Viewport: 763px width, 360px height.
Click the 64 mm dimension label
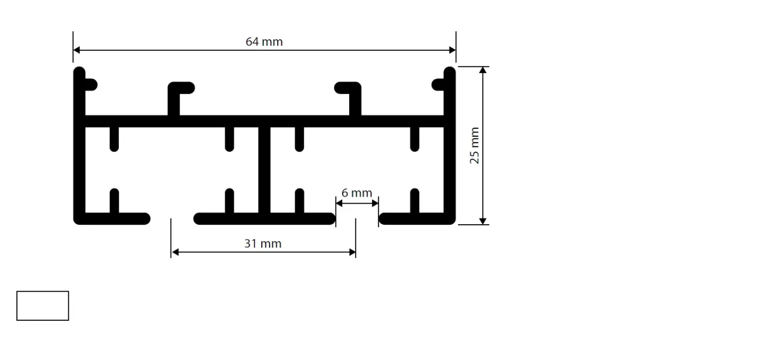(264, 41)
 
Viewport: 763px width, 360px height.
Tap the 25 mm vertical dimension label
(474, 146)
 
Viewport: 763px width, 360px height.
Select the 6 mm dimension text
(357, 193)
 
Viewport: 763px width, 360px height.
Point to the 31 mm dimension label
(263, 243)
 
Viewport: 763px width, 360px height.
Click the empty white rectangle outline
(42, 291)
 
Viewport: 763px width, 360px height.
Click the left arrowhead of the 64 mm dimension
(77, 50)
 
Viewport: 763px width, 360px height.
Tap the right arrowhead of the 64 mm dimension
(453, 50)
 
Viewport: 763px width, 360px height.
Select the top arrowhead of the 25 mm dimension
(483, 70)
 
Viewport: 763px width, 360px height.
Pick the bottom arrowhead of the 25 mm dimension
(483, 221)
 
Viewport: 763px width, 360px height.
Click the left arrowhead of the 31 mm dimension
(175, 252)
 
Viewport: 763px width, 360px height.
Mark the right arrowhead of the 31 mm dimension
(352, 252)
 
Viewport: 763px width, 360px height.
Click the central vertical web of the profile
(264, 170)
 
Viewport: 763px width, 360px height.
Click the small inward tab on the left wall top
(91, 85)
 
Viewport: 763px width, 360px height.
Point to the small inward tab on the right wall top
(438, 85)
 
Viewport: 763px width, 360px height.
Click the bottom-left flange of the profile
(112, 219)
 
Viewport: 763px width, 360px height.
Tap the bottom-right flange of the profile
(418, 219)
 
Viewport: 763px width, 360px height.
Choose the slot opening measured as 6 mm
(357, 219)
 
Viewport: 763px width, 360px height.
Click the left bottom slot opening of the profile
(172, 219)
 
